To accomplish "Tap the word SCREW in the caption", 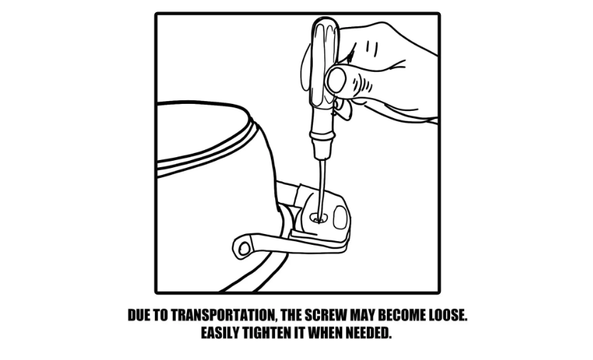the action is (326, 315).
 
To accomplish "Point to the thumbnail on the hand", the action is (336, 80).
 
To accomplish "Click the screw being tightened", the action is (317, 218).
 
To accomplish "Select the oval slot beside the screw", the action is (340, 217).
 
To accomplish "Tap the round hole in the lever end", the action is (245, 248).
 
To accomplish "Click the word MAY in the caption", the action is (363, 315).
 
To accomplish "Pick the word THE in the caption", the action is (292, 315).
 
